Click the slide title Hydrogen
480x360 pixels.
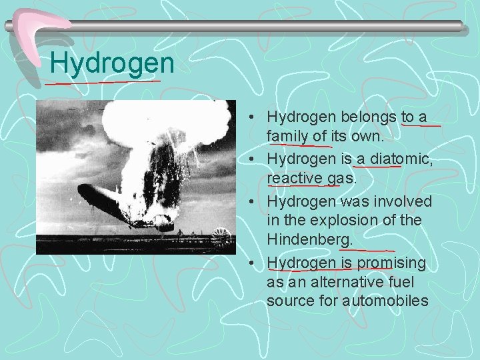pyautogui.click(x=112, y=64)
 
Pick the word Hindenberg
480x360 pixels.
pyautogui.click(x=309, y=238)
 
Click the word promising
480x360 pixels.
pyautogui.click(x=391, y=263)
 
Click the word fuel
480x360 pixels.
pyautogui.click(x=411, y=282)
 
